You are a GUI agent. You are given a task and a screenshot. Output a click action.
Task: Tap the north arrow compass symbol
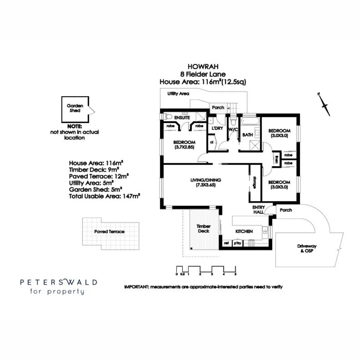click(324, 105)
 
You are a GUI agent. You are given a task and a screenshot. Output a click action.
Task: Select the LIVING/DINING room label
click(206, 182)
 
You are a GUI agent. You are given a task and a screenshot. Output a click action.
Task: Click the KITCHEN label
click(244, 231)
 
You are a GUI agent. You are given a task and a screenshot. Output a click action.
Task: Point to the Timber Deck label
click(204, 228)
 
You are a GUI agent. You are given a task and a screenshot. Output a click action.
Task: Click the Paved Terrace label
click(109, 231)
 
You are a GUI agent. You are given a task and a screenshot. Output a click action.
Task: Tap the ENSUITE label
click(182, 118)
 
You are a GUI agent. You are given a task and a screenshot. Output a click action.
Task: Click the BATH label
click(247, 135)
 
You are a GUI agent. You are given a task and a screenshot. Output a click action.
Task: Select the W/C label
click(233, 129)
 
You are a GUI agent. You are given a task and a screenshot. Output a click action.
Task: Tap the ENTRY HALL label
click(258, 209)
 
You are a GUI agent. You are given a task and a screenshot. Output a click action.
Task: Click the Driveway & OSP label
click(307, 248)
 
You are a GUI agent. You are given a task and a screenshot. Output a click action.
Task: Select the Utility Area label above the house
click(178, 94)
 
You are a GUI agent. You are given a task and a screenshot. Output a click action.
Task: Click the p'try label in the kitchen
click(237, 244)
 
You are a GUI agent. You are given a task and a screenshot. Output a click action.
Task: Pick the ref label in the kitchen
click(226, 244)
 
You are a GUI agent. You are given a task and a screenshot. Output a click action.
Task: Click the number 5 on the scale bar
click(236, 274)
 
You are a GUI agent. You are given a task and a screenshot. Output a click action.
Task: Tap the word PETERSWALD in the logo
click(59, 282)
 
